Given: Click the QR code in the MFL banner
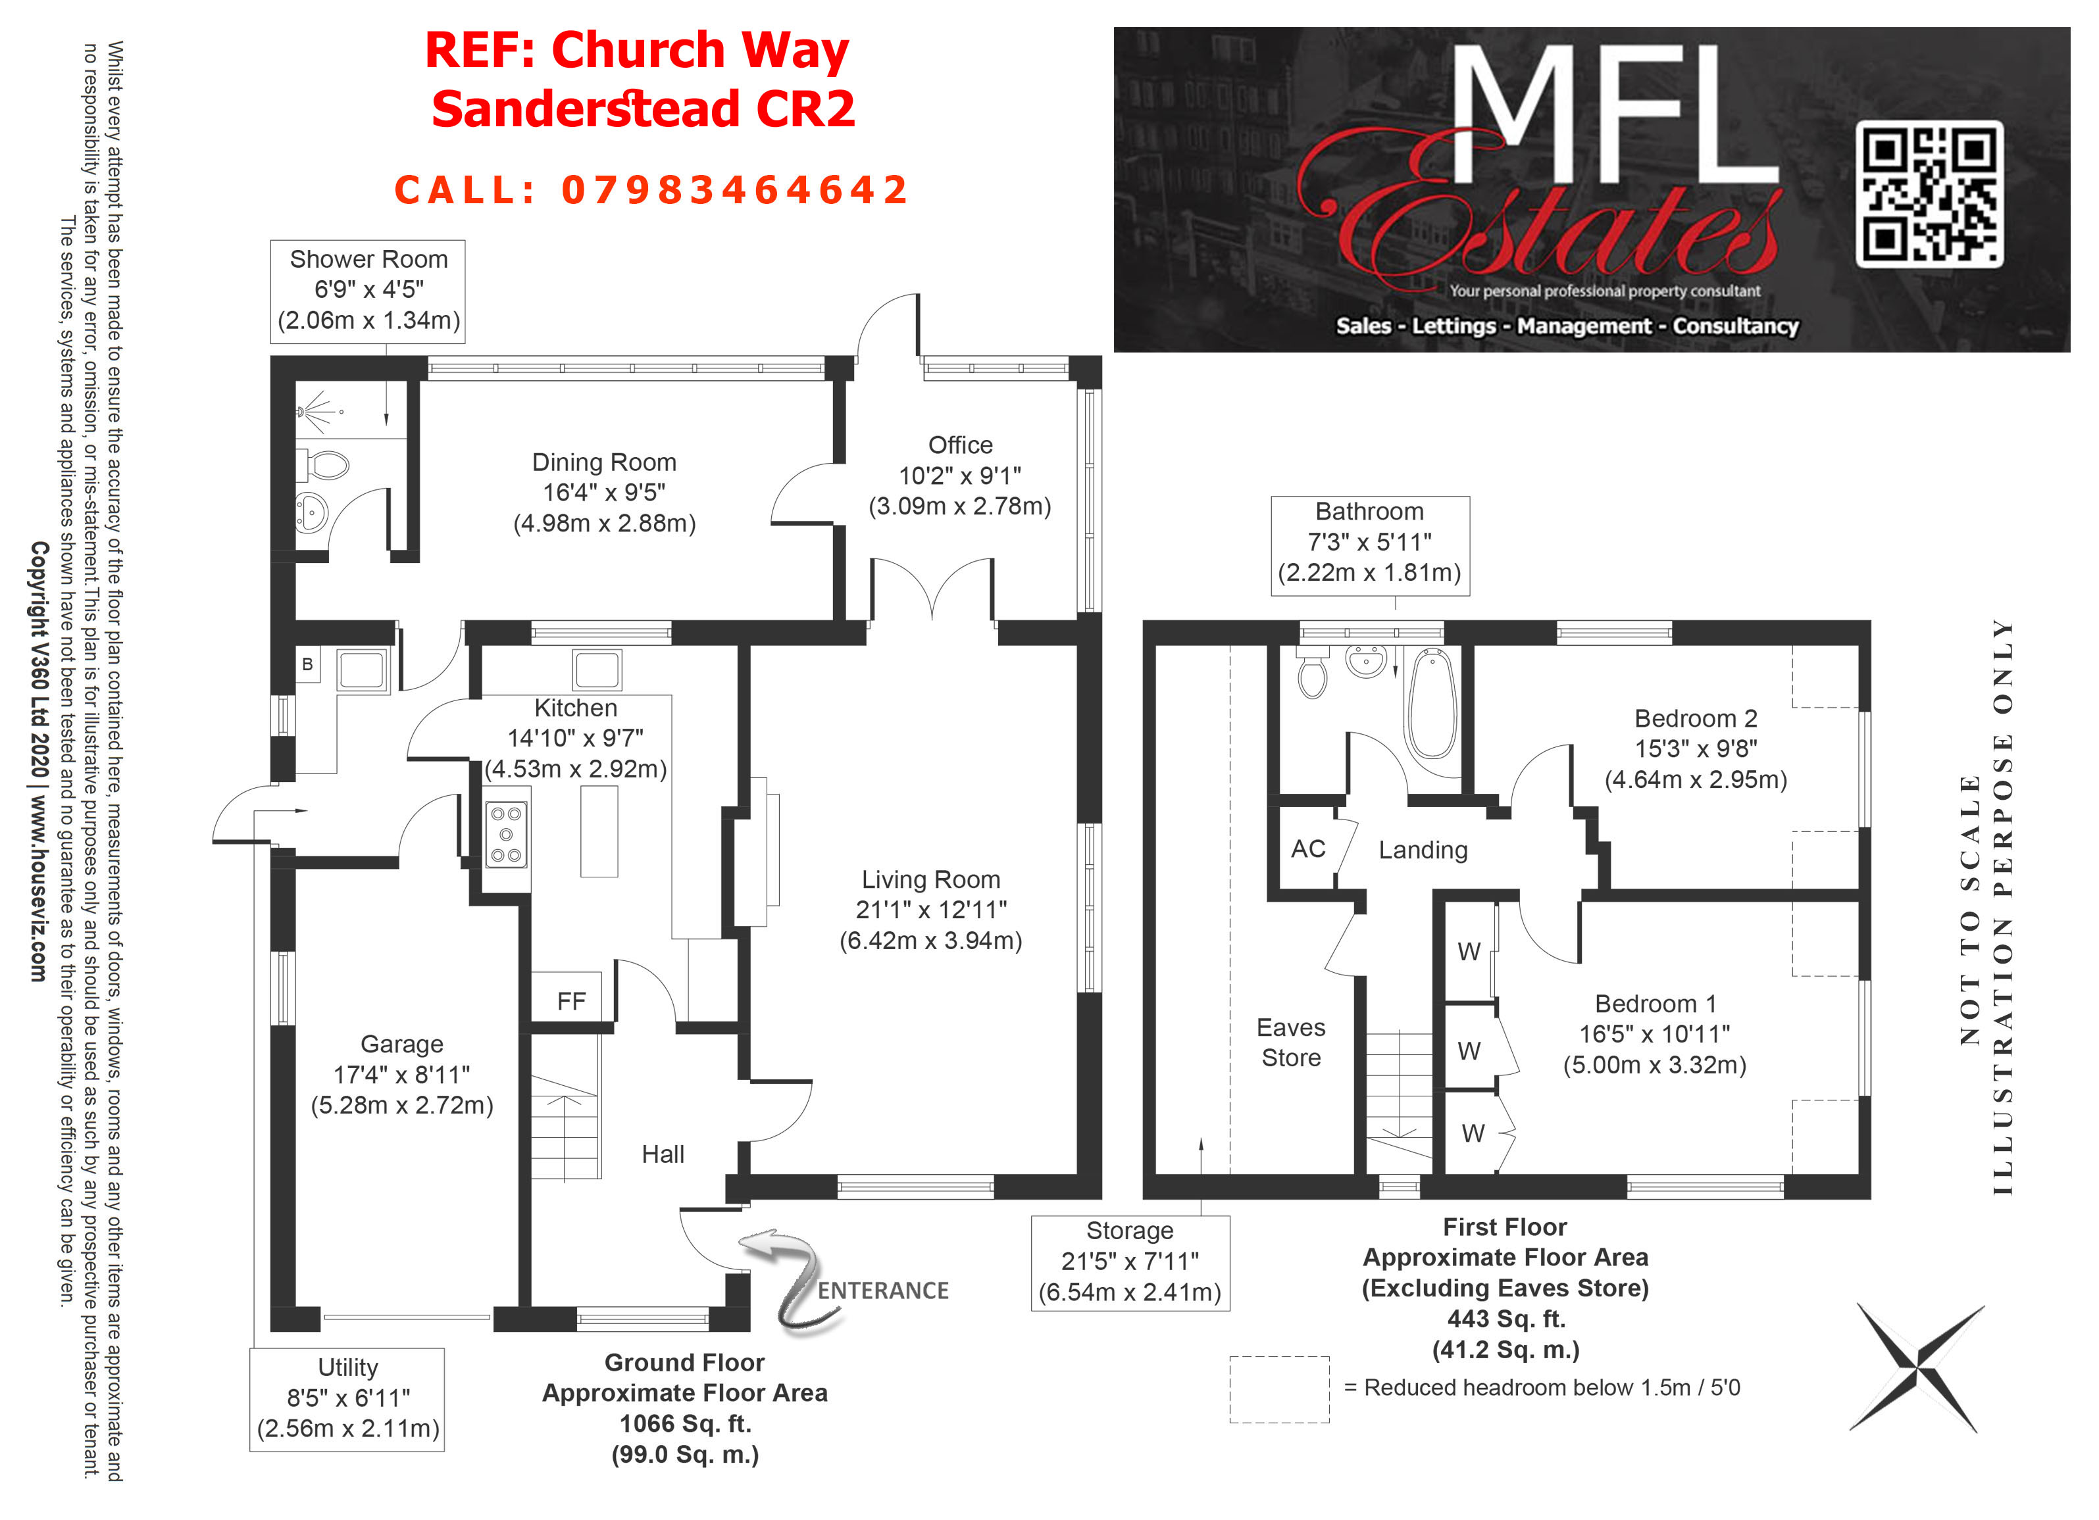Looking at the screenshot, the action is point(1930,194).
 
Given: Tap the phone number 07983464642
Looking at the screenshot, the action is point(736,191).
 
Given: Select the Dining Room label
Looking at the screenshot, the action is point(604,462).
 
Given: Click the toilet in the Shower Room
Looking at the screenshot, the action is point(323,466).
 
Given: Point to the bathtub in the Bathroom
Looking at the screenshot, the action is point(1432,703).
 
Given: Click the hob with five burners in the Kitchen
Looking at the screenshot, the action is point(506,835).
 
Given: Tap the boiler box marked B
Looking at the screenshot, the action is point(307,664).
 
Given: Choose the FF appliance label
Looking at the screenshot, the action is point(571,1001).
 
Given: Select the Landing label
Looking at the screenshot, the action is point(1423,850).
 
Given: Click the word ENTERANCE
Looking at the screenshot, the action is point(883,1290).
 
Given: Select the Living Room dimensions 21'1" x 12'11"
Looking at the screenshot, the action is point(931,910).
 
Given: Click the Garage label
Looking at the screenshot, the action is point(401,1044).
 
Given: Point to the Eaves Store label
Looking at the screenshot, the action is point(1291,1042).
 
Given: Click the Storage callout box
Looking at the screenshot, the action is point(1130,1262).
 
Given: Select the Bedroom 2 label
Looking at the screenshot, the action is point(1696,718).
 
